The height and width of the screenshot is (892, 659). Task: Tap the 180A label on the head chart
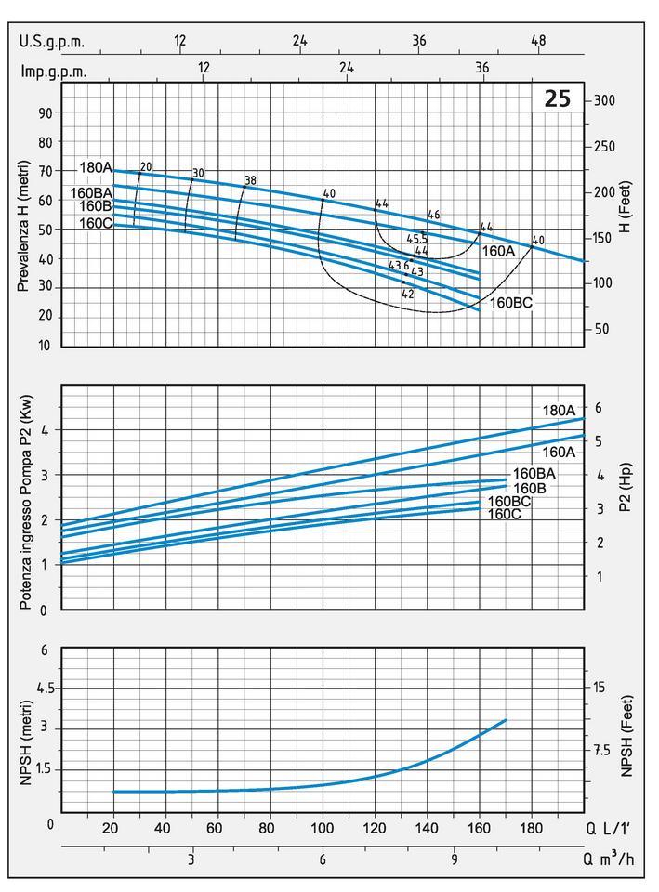pyautogui.click(x=97, y=168)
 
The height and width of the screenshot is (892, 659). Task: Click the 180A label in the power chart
pyautogui.click(x=560, y=410)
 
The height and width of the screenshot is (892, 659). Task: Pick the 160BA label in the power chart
pyautogui.click(x=534, y=473)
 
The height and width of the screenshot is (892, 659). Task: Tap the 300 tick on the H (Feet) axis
pyautogui.click(x=605, y=100)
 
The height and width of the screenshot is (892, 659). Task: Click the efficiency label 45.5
pyautogui.click(x=417, y=239)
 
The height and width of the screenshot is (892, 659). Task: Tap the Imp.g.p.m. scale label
pyautogui.click(x=52, y=69)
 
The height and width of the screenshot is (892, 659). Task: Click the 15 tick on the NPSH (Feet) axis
pyautogui.click(x=600, y=687)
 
